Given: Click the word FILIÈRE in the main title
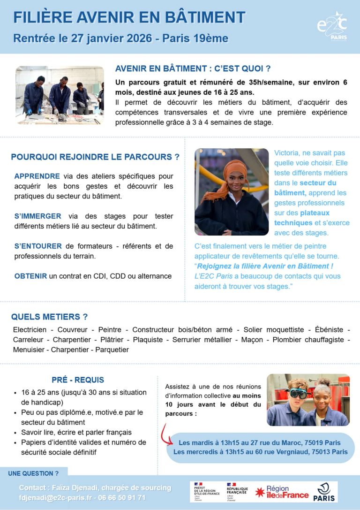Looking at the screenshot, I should pyautogui.click(x=42, y=17).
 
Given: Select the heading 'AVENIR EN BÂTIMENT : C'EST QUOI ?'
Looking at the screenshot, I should pyautogui.click(x=193, y=69).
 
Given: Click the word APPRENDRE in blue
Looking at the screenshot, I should pyautogui.click(x=37, y=176).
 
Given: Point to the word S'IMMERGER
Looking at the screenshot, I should pyautogui.click(x=37, y=216).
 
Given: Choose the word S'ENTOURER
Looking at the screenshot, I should pyautogui.click(x=38, y=246).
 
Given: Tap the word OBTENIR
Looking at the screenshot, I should pyautogui.click(x=30, y=276).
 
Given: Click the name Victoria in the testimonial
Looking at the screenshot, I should pyautogui.click(x=288, y=153).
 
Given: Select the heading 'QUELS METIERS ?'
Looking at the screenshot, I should pyautogui.click(x=49, y=317).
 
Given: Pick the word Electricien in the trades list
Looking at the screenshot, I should pyautogui.click(x=30, y=330).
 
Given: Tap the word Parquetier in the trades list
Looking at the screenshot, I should pyautogui.click(x=112, y=350).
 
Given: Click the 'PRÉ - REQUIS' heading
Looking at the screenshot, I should pyautogui.click(x=78, y=380).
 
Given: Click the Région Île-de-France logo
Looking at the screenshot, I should pyautogui.click(x=282, y=492).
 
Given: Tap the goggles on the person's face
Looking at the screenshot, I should pyautogui.click(x=298, y=393).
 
